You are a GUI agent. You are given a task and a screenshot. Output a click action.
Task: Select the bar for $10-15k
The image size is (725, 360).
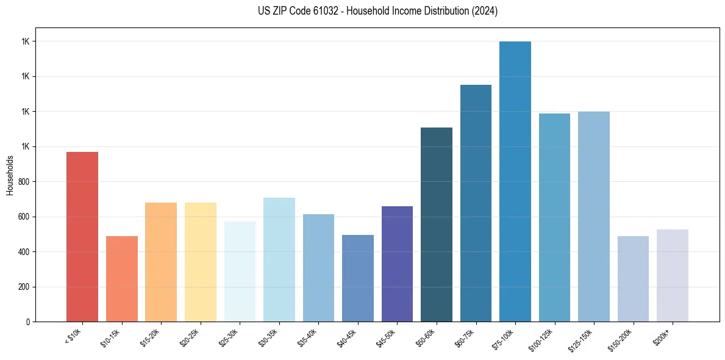(x=121, y=279)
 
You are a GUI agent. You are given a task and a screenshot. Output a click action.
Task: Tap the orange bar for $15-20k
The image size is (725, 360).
(x=161, y=262)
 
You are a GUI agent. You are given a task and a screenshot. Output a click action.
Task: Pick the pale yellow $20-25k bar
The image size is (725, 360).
(x=200, y=262)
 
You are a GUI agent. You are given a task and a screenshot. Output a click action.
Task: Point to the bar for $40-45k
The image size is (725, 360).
(x=357, y=278)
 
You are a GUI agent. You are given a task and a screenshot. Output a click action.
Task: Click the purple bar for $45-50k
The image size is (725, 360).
(x=397, y=264)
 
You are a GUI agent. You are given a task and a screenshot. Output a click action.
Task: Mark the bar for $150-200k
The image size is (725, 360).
(x=633, y=279)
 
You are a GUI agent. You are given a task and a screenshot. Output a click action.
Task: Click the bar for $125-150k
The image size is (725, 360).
(x=593, y=217)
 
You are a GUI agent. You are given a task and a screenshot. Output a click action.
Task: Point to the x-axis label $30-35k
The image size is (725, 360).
(x=273, y=337)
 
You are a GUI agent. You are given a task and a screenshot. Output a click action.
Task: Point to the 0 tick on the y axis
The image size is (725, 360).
(x=27, y=322)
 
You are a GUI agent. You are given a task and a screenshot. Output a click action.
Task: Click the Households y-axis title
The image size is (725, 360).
(x=10, y=175)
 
